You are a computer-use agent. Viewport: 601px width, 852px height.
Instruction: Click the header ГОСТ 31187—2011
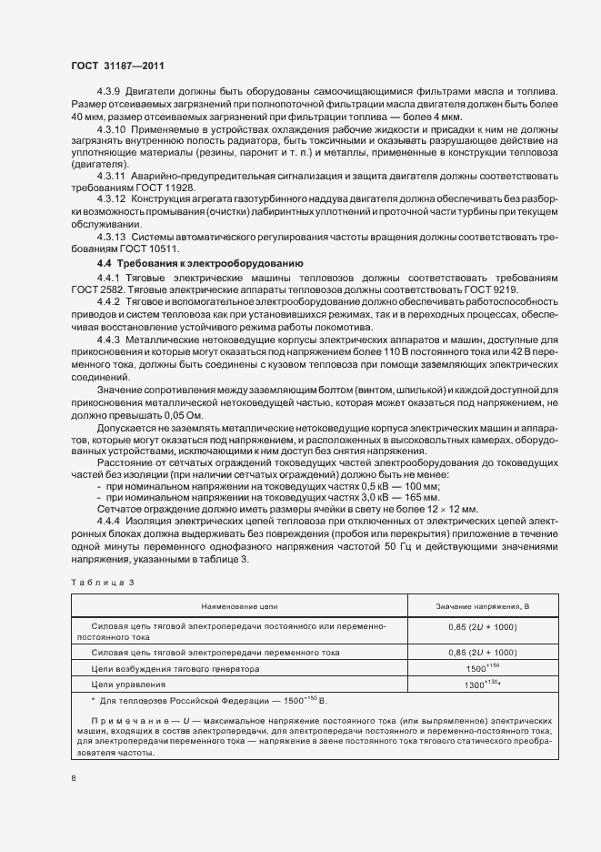point(117,66)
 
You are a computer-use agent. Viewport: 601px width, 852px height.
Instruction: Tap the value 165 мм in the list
point(421,498)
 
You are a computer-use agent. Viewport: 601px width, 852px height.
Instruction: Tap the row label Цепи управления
point(128,684)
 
